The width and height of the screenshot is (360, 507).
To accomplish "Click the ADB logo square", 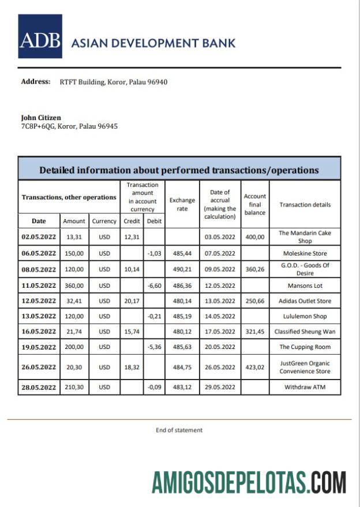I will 40,37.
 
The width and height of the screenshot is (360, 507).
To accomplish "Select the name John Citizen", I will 41,118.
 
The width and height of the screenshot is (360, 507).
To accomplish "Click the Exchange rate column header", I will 182,205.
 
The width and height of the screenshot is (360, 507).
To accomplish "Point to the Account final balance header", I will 254,205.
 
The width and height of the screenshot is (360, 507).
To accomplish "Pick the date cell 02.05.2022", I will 39,236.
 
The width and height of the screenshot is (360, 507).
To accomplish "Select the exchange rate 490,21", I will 182,269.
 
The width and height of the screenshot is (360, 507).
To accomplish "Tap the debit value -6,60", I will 154,285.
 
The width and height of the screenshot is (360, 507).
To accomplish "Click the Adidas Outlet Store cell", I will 305,301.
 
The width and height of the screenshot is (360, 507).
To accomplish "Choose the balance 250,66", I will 254,301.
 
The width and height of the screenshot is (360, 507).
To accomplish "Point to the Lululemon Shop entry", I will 305,316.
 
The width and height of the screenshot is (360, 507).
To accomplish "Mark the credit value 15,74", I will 132,332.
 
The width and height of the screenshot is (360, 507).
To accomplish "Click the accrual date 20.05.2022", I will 219,347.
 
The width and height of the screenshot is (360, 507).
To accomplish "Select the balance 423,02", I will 254,367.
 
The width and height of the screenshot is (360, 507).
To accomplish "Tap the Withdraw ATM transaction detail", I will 305,387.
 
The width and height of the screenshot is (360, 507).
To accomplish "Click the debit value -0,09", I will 154,387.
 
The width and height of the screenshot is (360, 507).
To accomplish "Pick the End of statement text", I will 179,430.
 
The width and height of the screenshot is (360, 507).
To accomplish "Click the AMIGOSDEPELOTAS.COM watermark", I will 249,482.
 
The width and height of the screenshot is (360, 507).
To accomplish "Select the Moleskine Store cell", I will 305,253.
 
